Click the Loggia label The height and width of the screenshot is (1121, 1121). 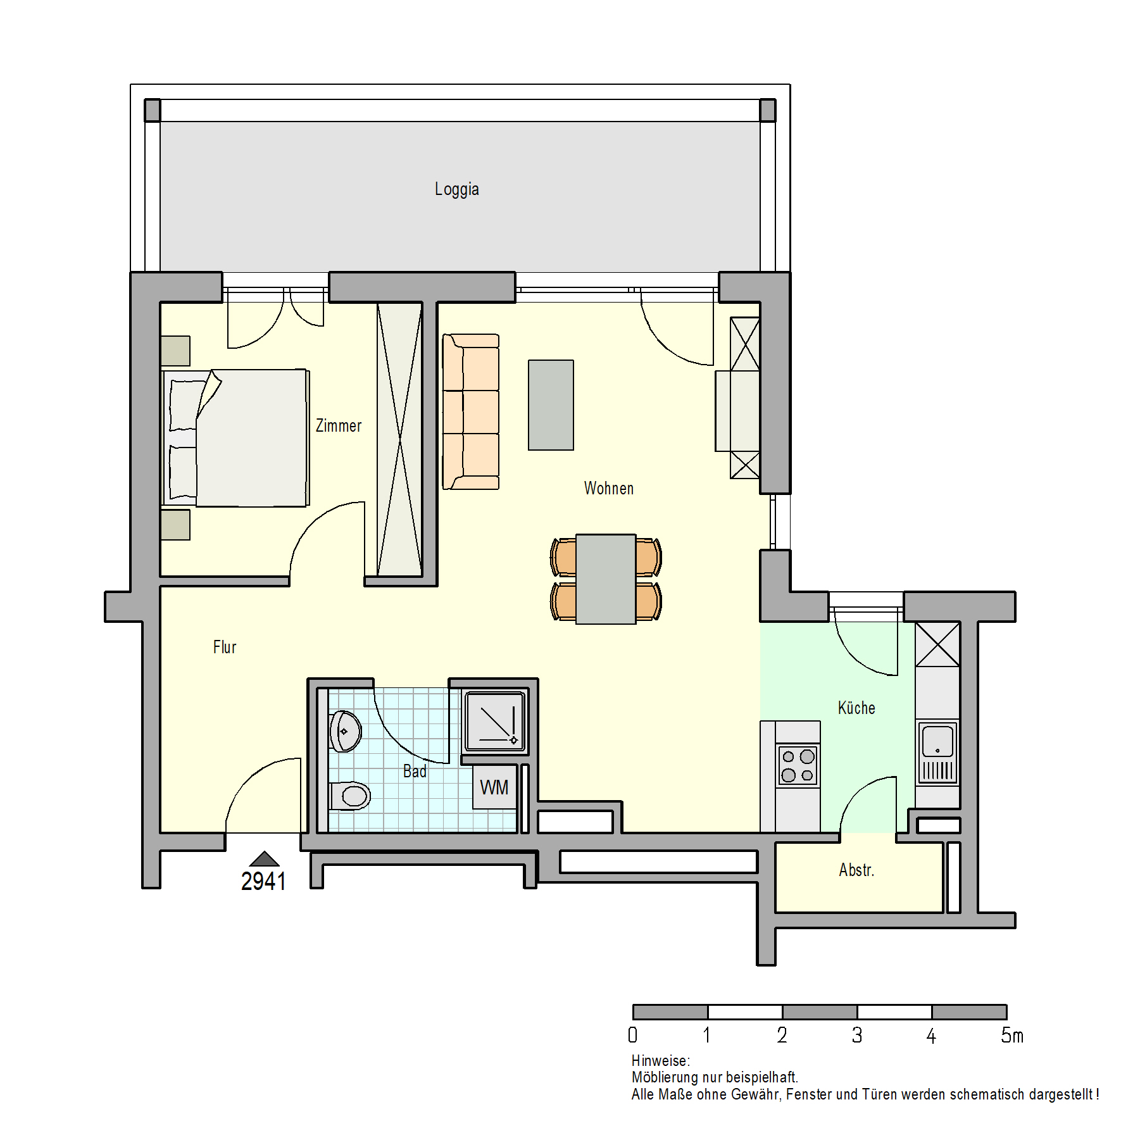[x=456, y=189]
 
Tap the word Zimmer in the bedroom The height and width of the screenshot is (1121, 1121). [x=339, y=425]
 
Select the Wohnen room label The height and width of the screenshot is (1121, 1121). [x=608, y=488]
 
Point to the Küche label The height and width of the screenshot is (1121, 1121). [x=856, y=708]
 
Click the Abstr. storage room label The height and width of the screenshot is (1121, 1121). [x=856, y=870]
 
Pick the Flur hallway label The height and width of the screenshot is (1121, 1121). [x=225, y=647]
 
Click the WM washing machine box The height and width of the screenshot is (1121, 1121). [x=494, y=787]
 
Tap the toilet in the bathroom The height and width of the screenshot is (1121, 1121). [x=350, y=796]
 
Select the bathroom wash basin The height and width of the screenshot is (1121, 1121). [x=345, y=731]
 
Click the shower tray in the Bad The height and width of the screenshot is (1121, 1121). [x=496, y=722]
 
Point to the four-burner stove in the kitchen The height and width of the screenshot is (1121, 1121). [x=798, y=765]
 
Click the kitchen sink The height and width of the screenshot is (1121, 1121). [x=937, y=753]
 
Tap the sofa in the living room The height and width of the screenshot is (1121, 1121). [x=470, y=412]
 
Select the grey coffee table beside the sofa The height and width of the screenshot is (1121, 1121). [x=551, y=405]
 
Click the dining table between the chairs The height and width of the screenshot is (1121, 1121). [x=606, y=579]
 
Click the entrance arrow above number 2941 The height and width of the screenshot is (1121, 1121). [x=265, y=858]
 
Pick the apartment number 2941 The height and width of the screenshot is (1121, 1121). [x=263, y=881]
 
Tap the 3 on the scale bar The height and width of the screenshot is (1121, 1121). [x=857, y=1035]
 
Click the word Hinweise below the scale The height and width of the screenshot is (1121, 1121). [x=660, y=1060]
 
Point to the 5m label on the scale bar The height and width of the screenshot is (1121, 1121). [x=1011, y=1035]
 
